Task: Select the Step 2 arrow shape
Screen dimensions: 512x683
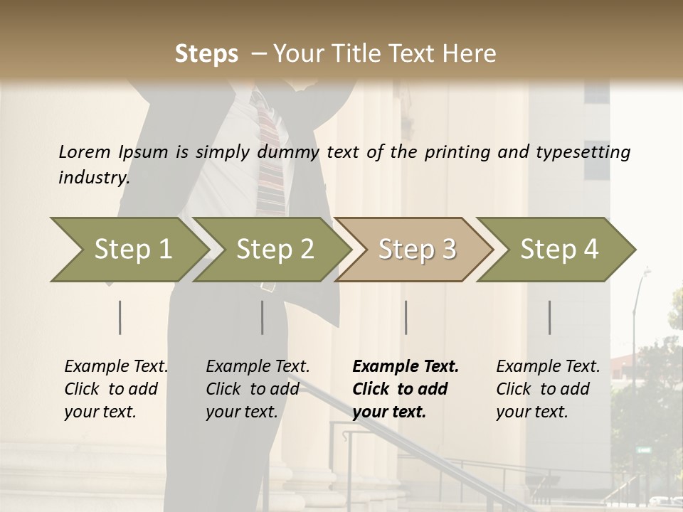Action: click(275, 249)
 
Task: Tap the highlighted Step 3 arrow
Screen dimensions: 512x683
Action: click(417, 249)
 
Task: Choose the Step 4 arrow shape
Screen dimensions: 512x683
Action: click(559, 249)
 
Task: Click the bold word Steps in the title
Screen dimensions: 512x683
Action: click(206, 54)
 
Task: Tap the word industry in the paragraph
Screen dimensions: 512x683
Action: click(94, 177)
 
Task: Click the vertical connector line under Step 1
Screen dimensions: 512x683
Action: click(120, 317)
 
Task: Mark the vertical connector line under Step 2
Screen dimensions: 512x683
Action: click(263, 317)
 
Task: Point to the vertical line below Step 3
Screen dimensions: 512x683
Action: click(406, 317)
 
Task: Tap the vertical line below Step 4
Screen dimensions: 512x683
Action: click(549, 317)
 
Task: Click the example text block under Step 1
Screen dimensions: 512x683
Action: click(116, 389)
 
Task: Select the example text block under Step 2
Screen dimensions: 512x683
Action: click(258, 389)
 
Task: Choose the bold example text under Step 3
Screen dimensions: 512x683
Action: click(406, 389)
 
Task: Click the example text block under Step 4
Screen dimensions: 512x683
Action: click(548, 389)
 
